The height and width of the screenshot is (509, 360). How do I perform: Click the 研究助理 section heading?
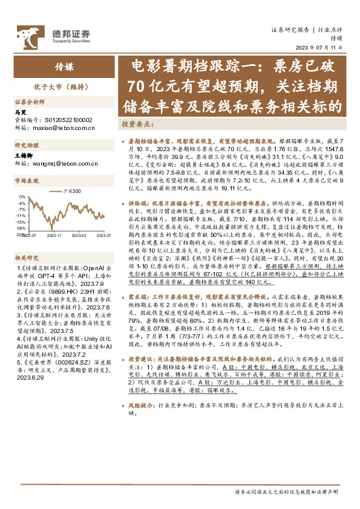26,145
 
